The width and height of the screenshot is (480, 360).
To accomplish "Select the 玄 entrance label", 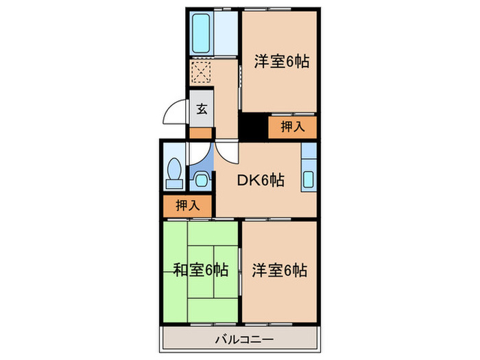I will [x=202, y=108].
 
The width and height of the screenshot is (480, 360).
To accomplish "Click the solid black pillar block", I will [x=252, y=126].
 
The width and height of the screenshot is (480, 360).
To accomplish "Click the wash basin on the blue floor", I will [x=202, y=180].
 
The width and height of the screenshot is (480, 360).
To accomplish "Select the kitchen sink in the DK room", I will [x=308, y=180].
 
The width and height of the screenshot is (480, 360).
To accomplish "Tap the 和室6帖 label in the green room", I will [x=200, y=269].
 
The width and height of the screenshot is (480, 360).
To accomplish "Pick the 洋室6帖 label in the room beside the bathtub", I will [x=280, y=62].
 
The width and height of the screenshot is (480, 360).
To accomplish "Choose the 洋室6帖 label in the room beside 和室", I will [x=280, y=269].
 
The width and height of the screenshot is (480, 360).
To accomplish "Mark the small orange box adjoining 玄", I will [x=202, y=132].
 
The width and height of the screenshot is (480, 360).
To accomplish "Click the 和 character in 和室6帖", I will [x=180, y=269].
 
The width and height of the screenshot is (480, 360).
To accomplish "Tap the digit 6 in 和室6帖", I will [x=211, y=269].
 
